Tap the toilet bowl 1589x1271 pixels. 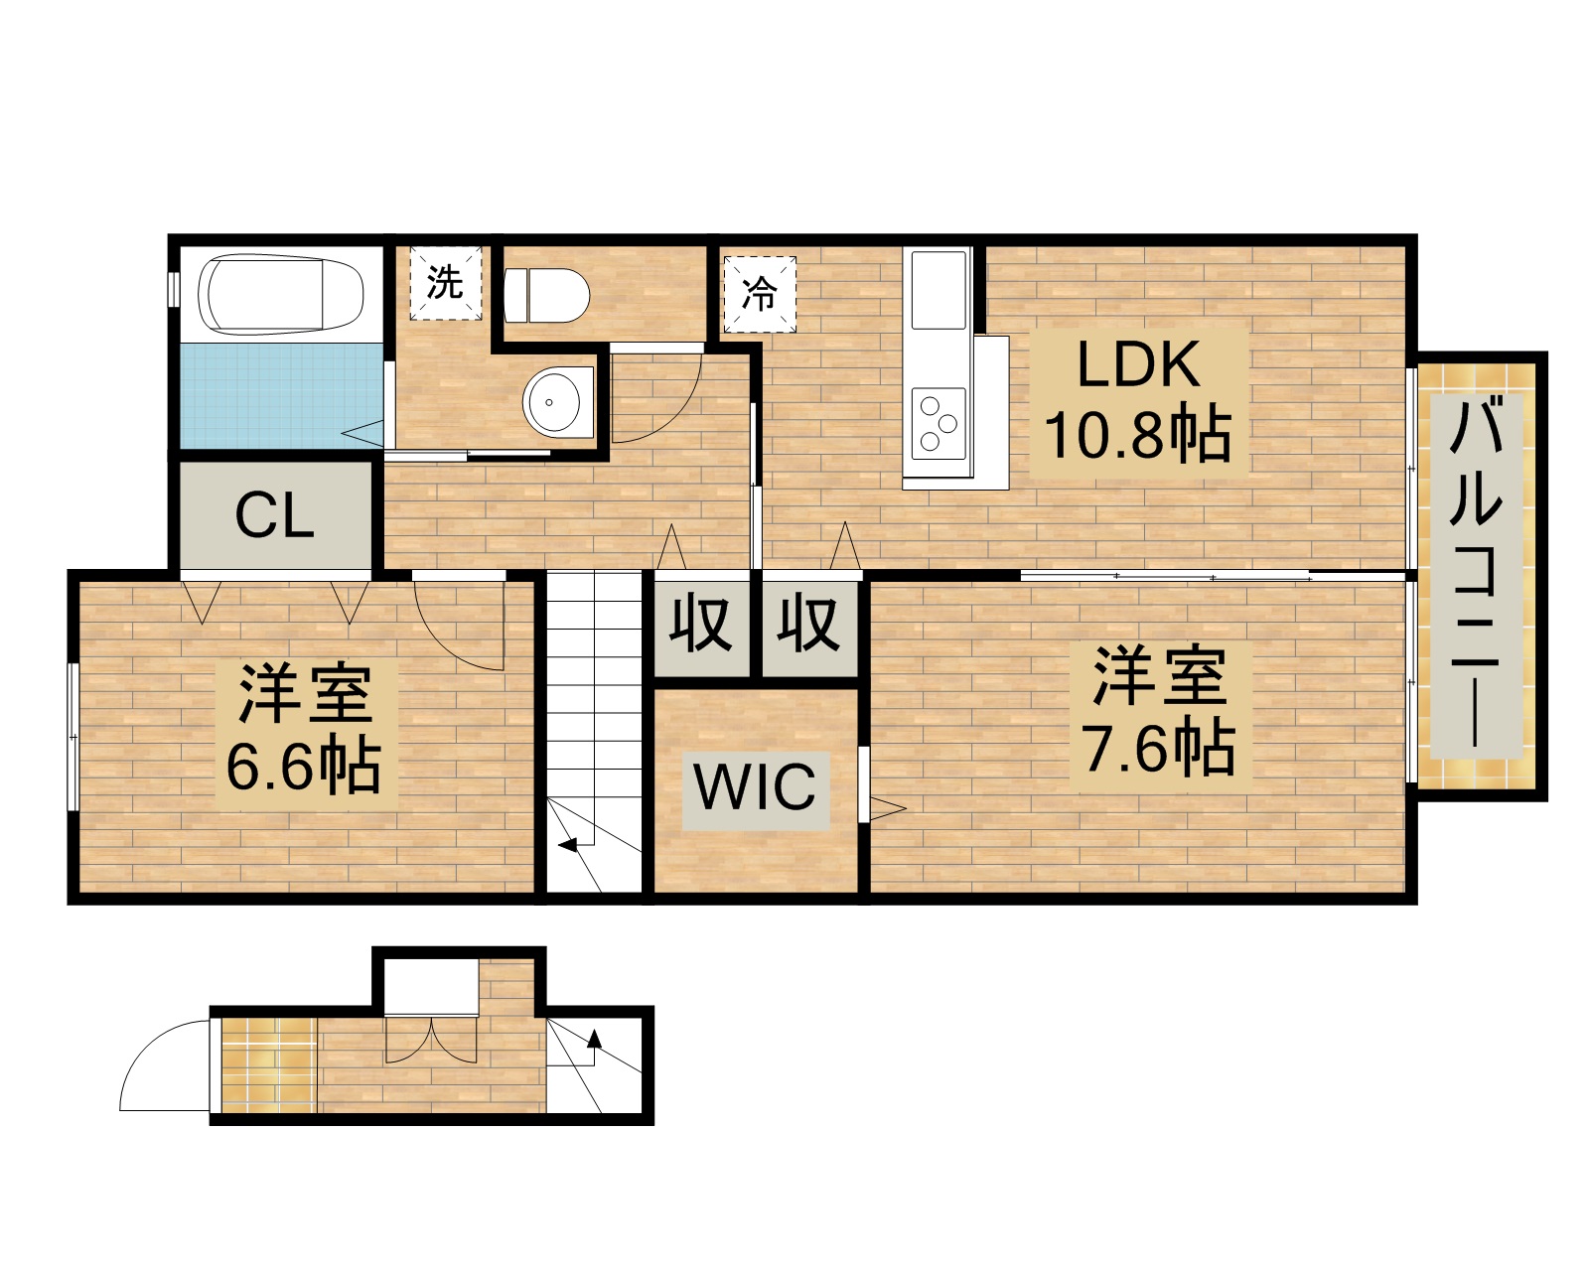pos(546,295)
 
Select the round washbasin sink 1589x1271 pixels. pos(558,403)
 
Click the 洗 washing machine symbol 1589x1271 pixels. pos(446,284)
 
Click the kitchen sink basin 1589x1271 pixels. pos(939,290)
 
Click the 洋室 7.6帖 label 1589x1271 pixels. pos(1158,711)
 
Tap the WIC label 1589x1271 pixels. pos(756,787)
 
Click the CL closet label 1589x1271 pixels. pos(275,516)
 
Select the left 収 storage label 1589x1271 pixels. pos(701,626)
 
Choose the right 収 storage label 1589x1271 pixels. pos(809,626)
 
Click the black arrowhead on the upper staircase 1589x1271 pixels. pos(568,846)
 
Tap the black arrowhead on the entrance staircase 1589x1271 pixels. pos(594,1040)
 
